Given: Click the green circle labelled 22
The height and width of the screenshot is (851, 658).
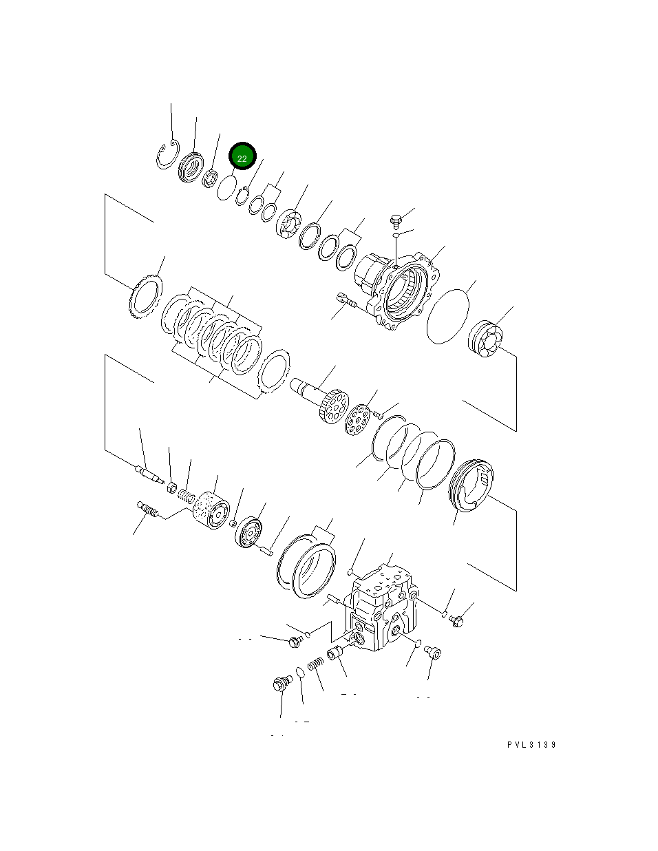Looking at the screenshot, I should click(242, 157).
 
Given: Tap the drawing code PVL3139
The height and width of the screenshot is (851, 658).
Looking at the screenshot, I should click(531, 745).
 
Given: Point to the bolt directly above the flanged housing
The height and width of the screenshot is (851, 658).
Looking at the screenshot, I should click(396, 221).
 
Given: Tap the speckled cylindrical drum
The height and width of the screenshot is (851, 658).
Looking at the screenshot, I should click(210, 512).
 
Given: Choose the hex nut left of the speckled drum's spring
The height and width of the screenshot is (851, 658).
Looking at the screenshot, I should click(172, 487).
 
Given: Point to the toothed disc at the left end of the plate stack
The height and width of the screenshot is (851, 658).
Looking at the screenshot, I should click(145, 297).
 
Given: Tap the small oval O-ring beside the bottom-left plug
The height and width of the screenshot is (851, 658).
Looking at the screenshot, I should click(300, 673).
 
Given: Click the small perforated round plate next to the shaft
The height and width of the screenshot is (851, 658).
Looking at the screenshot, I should click(357, 419).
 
